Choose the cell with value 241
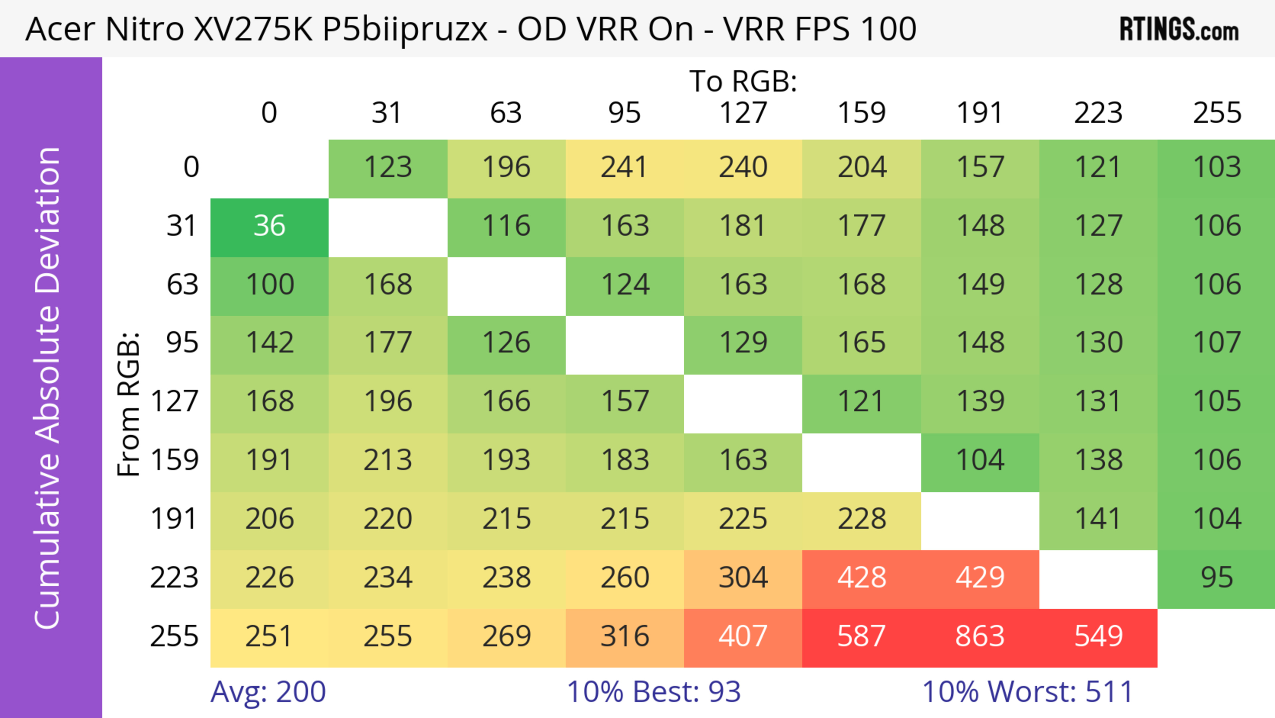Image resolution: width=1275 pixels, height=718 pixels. coord(624,168)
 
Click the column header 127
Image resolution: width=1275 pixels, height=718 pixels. coord(743,113)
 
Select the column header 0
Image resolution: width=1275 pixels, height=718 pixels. coord(269,113)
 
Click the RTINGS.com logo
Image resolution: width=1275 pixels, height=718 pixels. coord(1179,30)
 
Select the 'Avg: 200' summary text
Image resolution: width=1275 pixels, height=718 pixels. coord(268,692)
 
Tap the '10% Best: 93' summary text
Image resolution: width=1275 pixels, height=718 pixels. coord(653,692)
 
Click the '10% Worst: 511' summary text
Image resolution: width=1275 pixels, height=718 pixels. coord(1028,692)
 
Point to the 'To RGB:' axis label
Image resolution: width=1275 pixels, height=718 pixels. coord(743,81)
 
